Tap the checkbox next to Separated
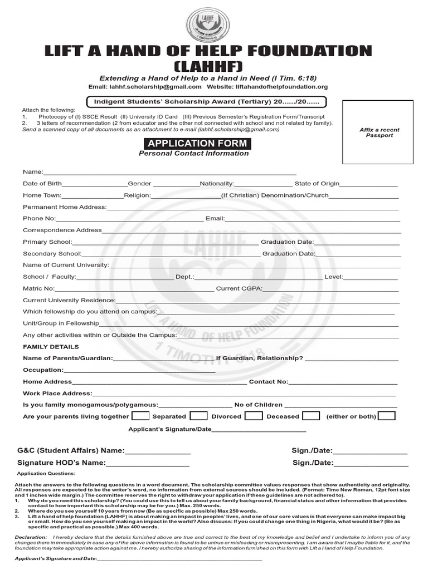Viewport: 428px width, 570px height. (198, 416)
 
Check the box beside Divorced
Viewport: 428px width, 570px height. (254, 416)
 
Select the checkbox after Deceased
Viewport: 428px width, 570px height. (311, 416)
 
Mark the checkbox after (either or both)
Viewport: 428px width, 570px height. (387, 416)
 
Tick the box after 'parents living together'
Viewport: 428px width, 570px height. (140, 416)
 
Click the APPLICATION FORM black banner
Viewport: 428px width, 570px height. (193, 143)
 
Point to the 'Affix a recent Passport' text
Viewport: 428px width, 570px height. (379, 132)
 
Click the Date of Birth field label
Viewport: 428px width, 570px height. (42, 183)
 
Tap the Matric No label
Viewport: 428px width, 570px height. (38, 288)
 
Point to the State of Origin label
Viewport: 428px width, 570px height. (317, 183)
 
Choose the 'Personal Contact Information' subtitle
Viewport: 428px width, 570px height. (193, 154)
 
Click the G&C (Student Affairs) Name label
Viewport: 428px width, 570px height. (71, 450)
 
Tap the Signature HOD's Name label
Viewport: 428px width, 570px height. (61, 463)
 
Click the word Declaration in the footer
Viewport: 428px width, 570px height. (31, 537)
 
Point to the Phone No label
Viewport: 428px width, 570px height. (39, 218)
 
